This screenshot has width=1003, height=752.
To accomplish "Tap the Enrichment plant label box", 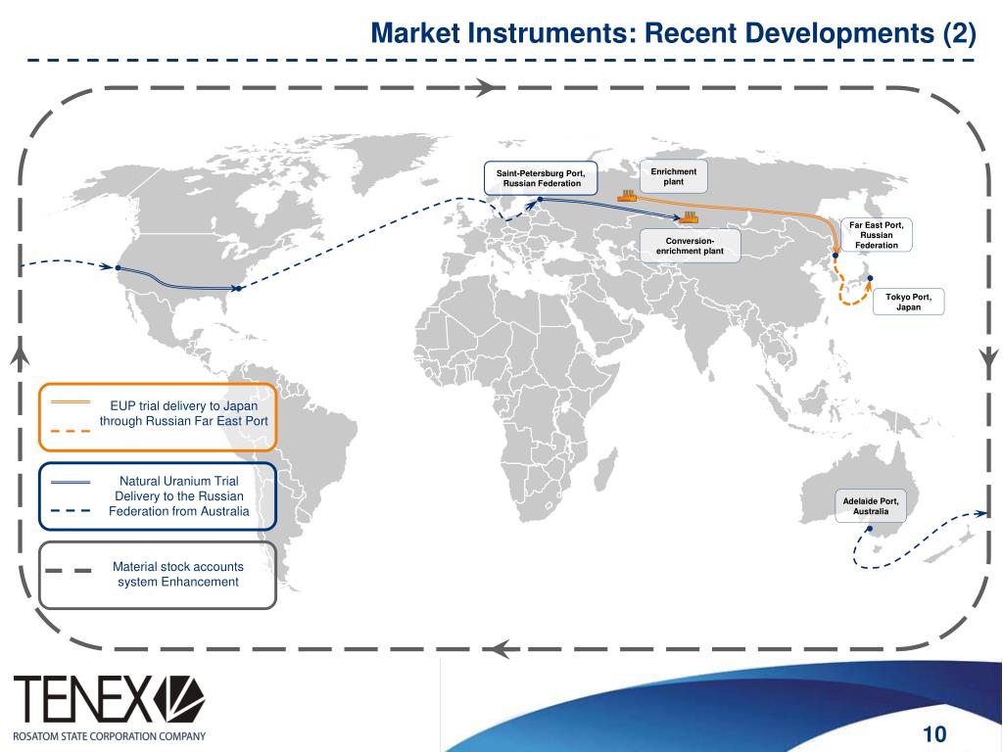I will click(x=673, y=177).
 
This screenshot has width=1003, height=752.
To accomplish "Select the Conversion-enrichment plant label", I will click(x=689, y=246).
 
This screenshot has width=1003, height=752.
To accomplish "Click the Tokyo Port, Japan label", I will click(x=908, y=302).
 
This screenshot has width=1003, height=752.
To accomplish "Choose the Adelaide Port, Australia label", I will click(x=870, y=506).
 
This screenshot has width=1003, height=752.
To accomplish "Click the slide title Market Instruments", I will click(x=673, y=34).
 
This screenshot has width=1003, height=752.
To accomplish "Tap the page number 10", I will click(x=934, y=735).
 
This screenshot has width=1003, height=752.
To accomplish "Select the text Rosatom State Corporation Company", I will click(x=109, y=736).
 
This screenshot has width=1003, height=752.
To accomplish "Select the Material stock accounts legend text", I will click(x=177, y=574).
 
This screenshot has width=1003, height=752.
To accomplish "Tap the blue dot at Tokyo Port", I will click(x=870, y=278).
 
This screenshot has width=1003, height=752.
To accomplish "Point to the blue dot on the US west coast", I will click(x=118, y=267).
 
